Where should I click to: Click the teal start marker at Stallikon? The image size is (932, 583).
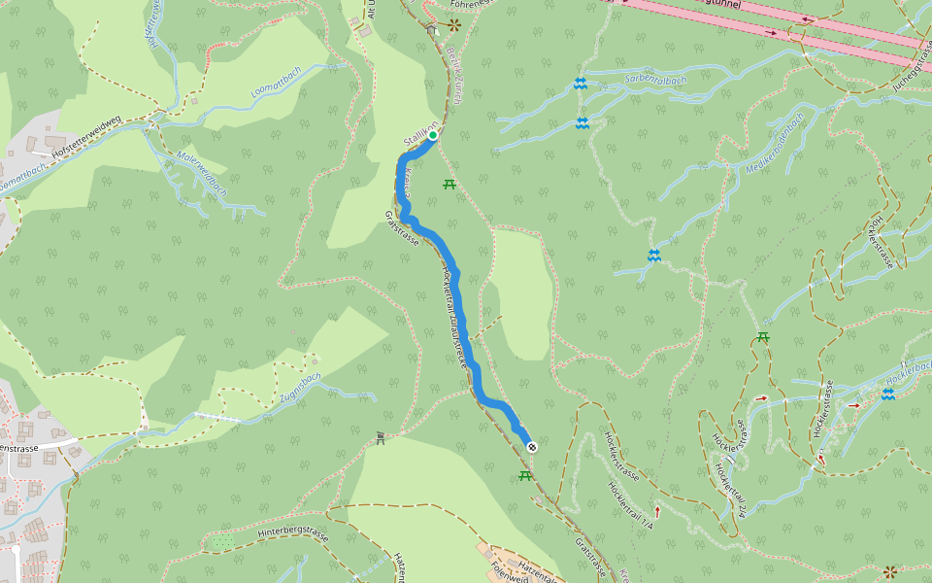click(x=433, y=136)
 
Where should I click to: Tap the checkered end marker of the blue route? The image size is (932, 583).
click(x=532, y=447)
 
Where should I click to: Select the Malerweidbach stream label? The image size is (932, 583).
click(x=202, y=173)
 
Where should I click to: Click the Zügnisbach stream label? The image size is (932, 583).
click(x=299, y=388)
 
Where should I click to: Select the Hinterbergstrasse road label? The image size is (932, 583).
click(x=295, y=532)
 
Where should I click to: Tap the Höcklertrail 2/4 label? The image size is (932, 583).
click(x=730, y=491)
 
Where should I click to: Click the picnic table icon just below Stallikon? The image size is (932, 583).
click(x=449, y=184)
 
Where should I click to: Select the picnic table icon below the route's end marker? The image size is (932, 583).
click(x=525, y=475)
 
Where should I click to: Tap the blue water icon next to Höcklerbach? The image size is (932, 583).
click(x=887, y=394)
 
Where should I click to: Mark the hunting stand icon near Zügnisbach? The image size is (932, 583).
click(x=381, y=439)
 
